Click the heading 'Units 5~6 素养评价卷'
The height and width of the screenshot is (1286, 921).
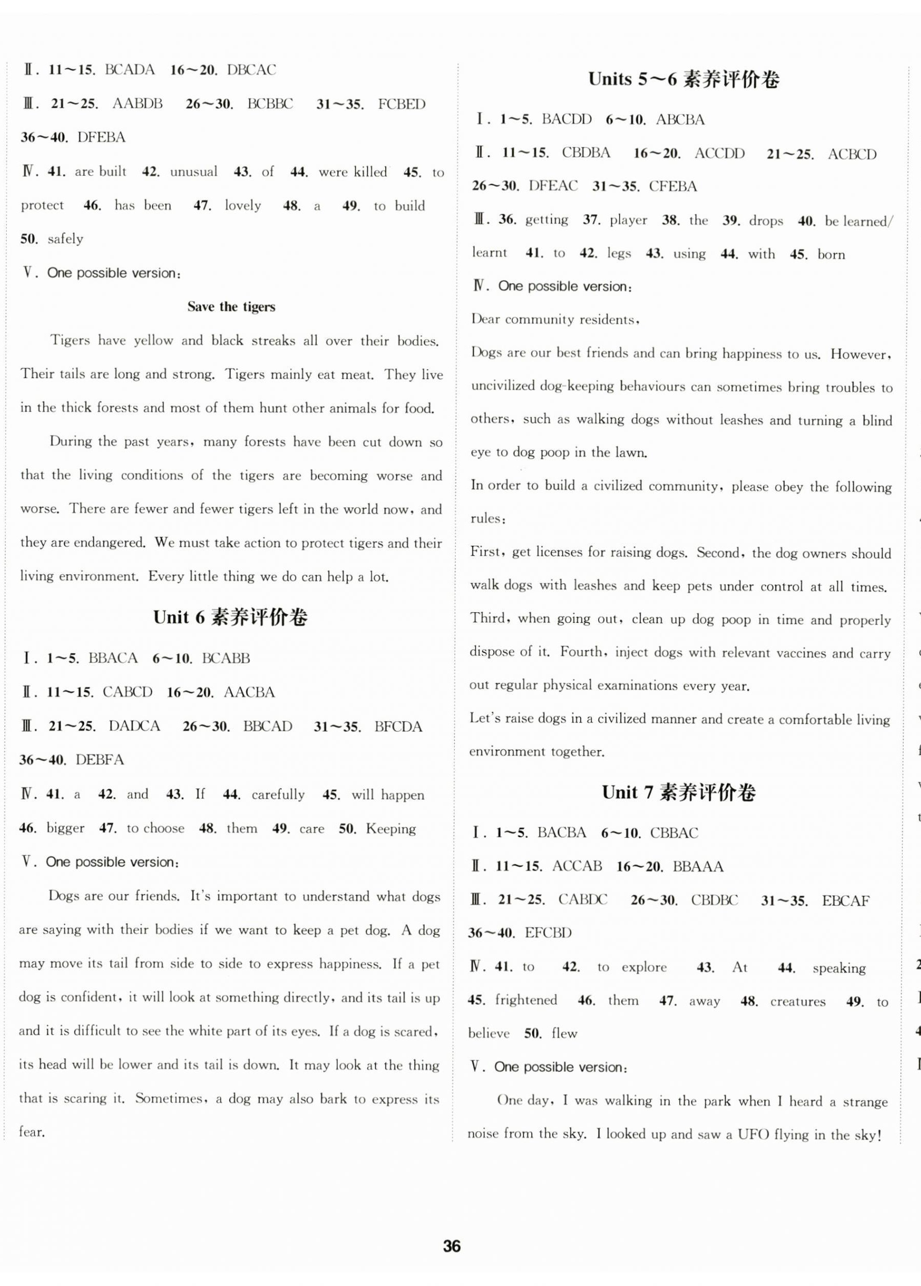(x=683, y=79)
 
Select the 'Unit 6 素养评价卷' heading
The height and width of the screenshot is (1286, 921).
(x=230, y=617)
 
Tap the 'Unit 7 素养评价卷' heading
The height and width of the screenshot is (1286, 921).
(x=679, y=793)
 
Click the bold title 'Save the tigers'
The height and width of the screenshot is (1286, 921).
(x=231, y=307)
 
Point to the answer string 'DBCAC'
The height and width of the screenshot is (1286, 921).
(x=251, y=70)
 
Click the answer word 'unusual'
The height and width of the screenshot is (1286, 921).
(x=193, y=172)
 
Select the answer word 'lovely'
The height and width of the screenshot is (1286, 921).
(x=243, y=205)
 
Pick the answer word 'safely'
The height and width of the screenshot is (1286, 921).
(x=65, y=238)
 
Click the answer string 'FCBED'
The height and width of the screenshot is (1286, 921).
(x=402, y=104)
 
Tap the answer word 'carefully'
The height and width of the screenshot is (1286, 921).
(x=278, y=795)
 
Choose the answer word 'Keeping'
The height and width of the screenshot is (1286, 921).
(x=391, y=829)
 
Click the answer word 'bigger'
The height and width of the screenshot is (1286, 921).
(x=65, y=829)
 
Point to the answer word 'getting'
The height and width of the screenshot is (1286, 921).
(x=547, y=221)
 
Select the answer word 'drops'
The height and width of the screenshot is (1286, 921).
(x=766, y=221)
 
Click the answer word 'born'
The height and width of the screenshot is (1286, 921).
(x=831, y=254)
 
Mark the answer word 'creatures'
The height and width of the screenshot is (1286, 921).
(x=798, y=1001)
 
